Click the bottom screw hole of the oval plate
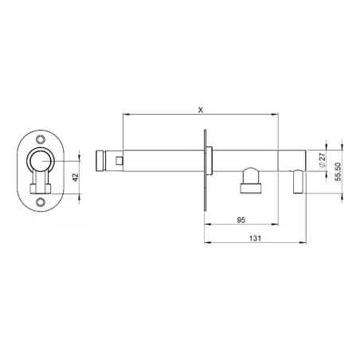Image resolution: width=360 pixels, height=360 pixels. (37, 203)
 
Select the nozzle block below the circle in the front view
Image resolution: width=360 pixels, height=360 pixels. (37, 189)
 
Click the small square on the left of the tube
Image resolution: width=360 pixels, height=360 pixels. (119, 162)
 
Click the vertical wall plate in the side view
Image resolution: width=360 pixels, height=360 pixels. (206, 166)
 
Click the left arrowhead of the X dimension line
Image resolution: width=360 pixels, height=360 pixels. (125, 113)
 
